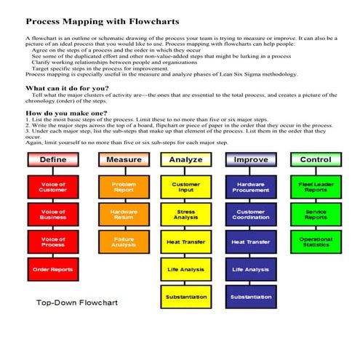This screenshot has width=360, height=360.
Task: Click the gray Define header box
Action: [53, 159]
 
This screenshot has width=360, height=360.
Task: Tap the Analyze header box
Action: [185, 159]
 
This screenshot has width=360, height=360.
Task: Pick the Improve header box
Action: [251, 159]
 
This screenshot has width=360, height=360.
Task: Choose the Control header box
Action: [316, 159]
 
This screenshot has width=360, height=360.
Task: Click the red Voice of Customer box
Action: [53, 186]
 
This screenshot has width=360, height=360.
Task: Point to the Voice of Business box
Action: [53, 214]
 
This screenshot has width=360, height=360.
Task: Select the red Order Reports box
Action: [53, 270]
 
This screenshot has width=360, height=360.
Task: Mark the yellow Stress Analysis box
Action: [185, 214]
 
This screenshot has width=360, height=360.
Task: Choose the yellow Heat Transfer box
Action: [185, 241]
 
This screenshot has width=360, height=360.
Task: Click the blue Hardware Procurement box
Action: [251, 186]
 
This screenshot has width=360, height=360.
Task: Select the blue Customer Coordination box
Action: [251, 214]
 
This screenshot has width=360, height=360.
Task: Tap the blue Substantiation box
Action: [251, 297]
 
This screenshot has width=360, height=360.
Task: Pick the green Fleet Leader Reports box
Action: [316, 186]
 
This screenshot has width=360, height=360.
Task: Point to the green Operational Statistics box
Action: [316, 241]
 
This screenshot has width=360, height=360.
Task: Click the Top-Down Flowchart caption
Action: [77, 302]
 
